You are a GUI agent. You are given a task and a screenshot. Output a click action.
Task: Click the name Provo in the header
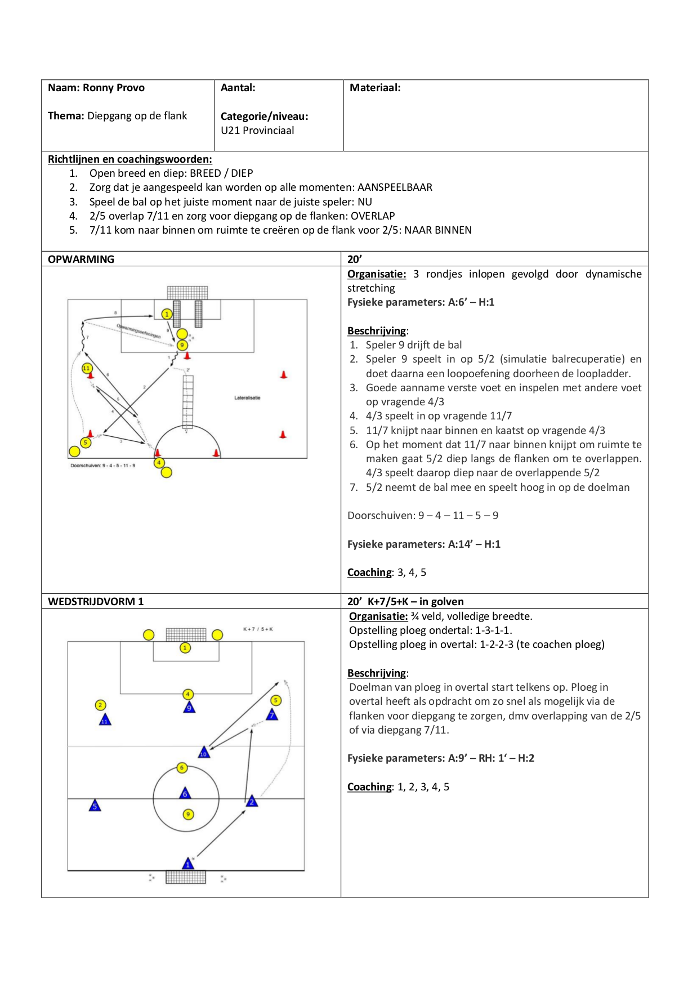tap(131, 88)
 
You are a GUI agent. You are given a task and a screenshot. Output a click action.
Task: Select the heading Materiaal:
tap(375, 88)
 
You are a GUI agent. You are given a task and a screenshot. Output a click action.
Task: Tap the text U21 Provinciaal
tap(257, 131)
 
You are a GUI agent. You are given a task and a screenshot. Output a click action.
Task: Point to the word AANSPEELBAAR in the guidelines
tap(395, 187)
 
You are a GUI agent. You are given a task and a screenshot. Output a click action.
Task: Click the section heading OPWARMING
tap(81, 260)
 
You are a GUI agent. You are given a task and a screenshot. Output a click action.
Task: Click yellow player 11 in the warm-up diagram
tap(87, 368)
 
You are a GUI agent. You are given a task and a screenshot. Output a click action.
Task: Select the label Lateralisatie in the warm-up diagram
tap(247, 398)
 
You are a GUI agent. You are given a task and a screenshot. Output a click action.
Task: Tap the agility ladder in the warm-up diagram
tap(187, 402)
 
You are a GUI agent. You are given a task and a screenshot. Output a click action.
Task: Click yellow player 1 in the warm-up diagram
tap(167, 314)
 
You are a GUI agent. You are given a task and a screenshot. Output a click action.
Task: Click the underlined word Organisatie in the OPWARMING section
tap(376, 274)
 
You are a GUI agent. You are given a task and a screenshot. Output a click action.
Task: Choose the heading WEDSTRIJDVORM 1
tap(96, 602)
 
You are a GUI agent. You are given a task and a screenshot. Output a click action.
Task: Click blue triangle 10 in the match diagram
tap(204, 753)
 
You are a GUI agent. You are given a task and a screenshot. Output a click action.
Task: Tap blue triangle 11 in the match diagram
tap(105, 720)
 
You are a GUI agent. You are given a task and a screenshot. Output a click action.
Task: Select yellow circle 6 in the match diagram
tap(182, 767)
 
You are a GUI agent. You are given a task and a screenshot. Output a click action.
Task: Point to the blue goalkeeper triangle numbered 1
tap(188, 864)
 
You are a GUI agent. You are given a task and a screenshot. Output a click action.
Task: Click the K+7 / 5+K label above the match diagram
tap(258, 629)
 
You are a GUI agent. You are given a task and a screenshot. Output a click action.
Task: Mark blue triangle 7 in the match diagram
tap(272, 715)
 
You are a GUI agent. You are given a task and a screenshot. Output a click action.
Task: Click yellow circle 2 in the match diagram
tap(100, 705)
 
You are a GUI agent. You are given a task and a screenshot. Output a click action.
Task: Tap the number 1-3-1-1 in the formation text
tap(494, 631)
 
